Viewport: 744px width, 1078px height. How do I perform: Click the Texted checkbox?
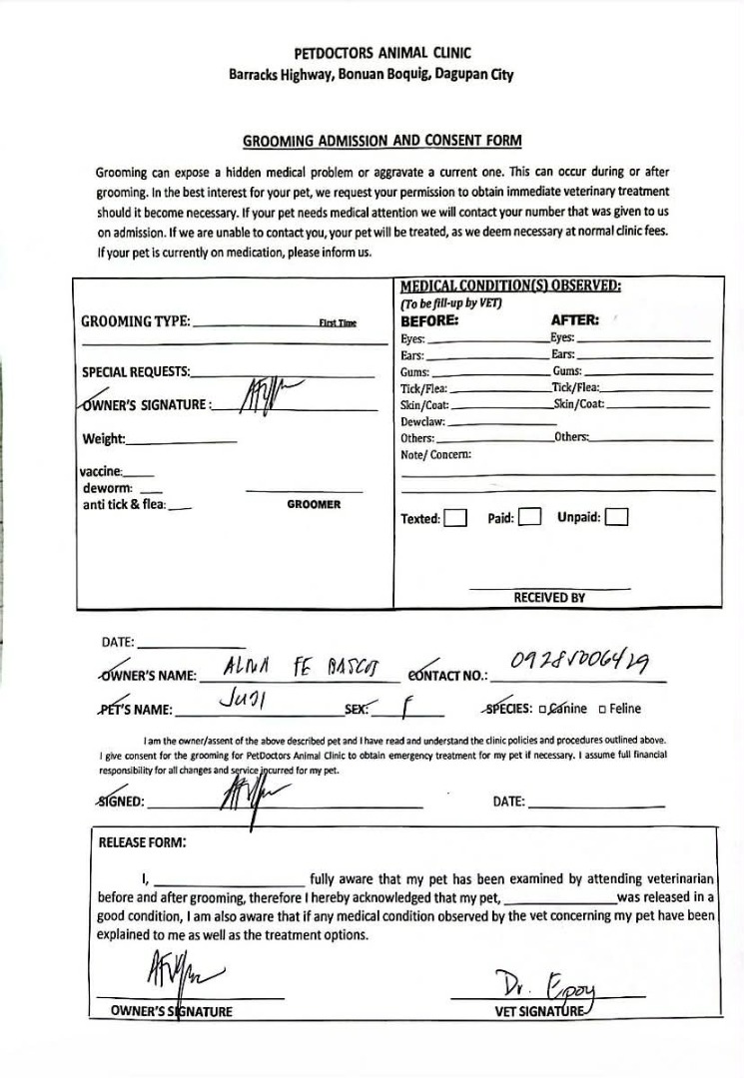(455, 518)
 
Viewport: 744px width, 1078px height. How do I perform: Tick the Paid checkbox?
(530, 517)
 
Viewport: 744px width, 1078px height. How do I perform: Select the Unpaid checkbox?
(617, 517)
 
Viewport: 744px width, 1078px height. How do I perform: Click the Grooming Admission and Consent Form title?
(382, 141)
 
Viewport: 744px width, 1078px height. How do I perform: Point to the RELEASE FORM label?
(142, 841)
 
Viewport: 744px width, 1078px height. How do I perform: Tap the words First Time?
(338, 322)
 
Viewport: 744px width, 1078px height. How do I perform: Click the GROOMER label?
(314, 505)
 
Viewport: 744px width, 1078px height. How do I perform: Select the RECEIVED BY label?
(549, 598)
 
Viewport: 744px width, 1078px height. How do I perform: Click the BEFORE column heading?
(429, 321)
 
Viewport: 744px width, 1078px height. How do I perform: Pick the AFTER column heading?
(574, 321)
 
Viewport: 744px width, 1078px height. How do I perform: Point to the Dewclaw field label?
(424, 422)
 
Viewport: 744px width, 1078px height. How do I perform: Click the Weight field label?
(104, 439)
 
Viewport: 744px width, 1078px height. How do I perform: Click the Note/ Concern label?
(435, 455)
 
